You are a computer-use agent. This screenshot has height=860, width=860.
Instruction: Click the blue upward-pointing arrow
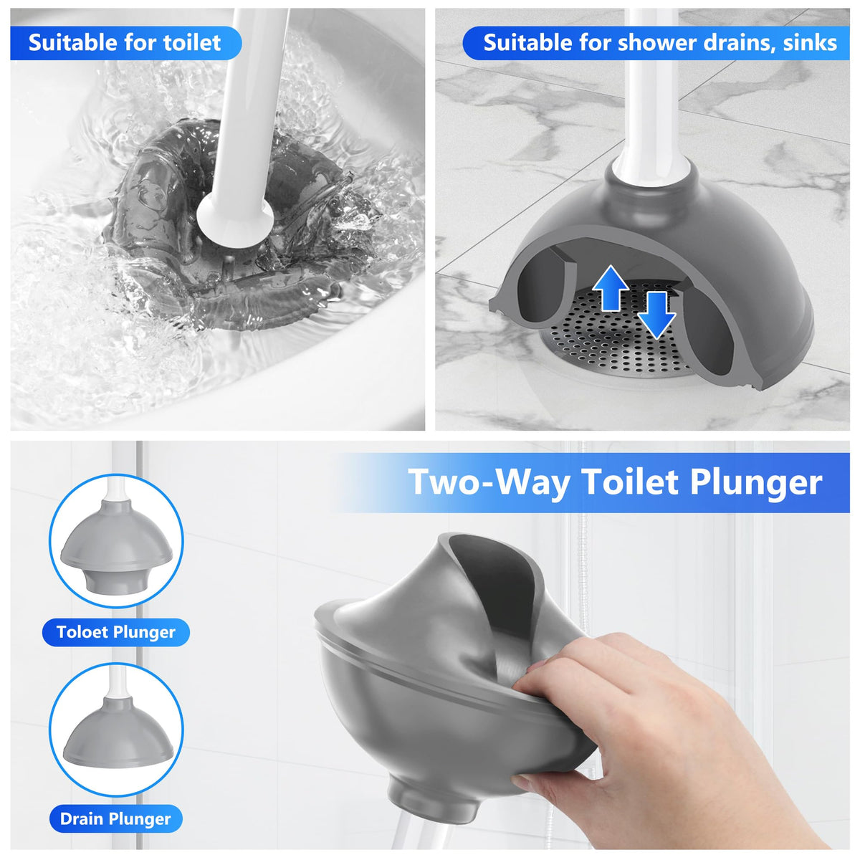(611, 287)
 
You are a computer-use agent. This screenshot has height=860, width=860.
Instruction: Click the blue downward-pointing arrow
(656, 315)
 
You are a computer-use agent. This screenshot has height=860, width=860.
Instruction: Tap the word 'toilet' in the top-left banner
(192, 43)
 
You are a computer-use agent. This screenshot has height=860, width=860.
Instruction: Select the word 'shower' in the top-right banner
(639, 43)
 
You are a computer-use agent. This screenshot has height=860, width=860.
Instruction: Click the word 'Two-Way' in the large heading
(489, 482)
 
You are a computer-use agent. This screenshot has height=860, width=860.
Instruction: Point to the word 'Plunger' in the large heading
(756, 483)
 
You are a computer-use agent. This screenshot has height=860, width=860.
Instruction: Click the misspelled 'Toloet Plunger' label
(116, 631)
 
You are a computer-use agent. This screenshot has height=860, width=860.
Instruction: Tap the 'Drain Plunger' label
(115, 818)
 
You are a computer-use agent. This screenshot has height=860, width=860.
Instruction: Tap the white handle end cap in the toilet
(235, 221)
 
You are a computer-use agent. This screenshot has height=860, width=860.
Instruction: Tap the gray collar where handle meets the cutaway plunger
(651, 177)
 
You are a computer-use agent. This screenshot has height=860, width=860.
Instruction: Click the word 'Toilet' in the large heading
(629, 482)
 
